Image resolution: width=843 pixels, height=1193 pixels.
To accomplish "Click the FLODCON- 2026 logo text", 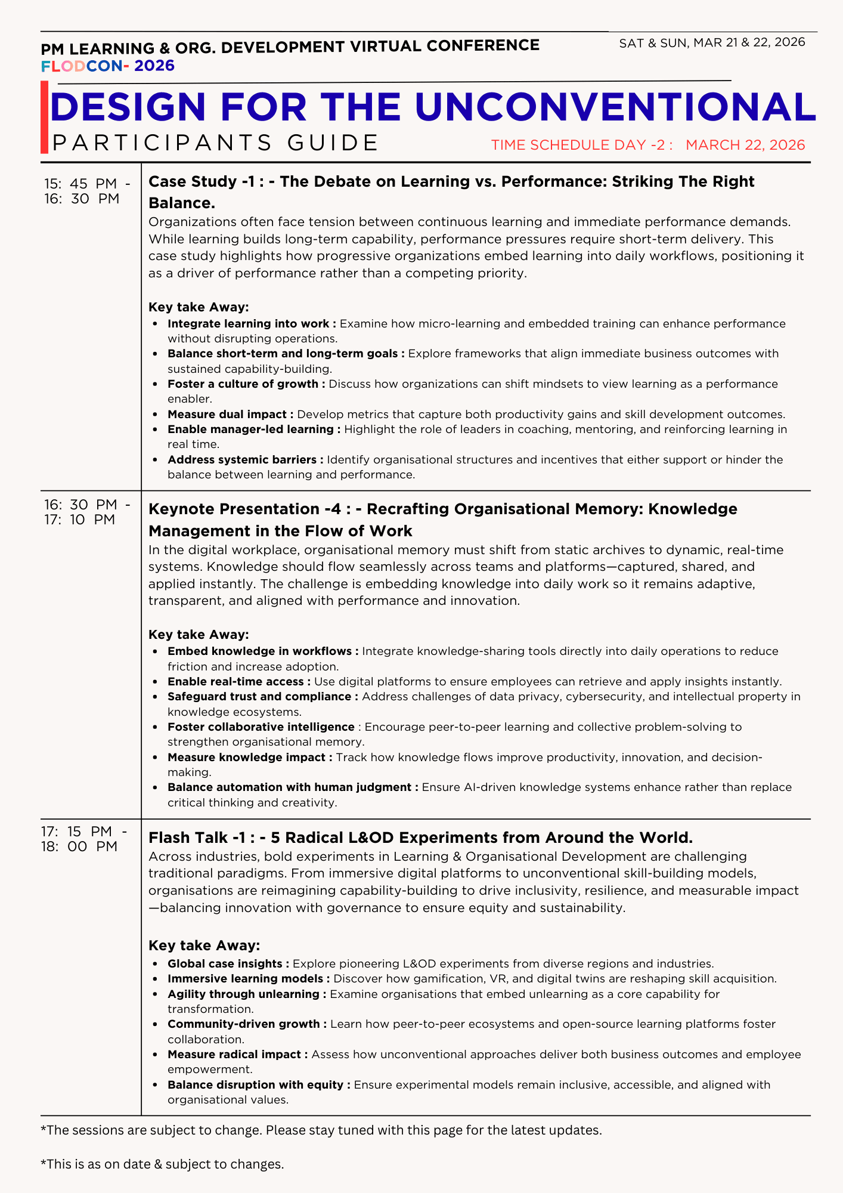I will (x=108, y=66).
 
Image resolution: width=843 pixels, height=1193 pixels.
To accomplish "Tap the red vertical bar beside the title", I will (x=44, y=118).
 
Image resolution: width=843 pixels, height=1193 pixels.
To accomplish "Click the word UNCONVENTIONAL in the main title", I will (x=614, y=107).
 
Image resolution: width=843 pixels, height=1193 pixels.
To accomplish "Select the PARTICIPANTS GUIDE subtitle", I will (x=216, y=143).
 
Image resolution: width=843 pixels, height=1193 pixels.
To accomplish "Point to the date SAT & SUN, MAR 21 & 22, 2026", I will (x=712, y=42).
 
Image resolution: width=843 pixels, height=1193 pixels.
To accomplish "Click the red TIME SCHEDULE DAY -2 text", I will (x=582, y=145).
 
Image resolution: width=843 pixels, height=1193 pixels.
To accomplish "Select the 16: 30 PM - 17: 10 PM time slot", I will (x=86, y=512).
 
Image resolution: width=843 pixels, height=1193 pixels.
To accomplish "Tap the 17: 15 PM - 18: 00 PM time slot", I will (x=83, y=839).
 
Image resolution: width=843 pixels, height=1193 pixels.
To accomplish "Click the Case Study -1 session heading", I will (x=451, y=191).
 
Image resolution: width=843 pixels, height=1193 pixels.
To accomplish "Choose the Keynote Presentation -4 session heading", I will (x=442, y=520).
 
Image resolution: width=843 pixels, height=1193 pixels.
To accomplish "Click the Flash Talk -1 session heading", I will (x=420, y=837).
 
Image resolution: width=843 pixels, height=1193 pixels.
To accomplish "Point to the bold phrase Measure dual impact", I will (x=230, y=415).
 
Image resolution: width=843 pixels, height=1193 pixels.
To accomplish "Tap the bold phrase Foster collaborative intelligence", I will (x=261, y=727).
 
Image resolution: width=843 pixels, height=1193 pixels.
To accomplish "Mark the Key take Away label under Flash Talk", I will (x=204, y=945).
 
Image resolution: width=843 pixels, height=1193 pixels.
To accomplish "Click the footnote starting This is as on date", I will (x=162, y=1164).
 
